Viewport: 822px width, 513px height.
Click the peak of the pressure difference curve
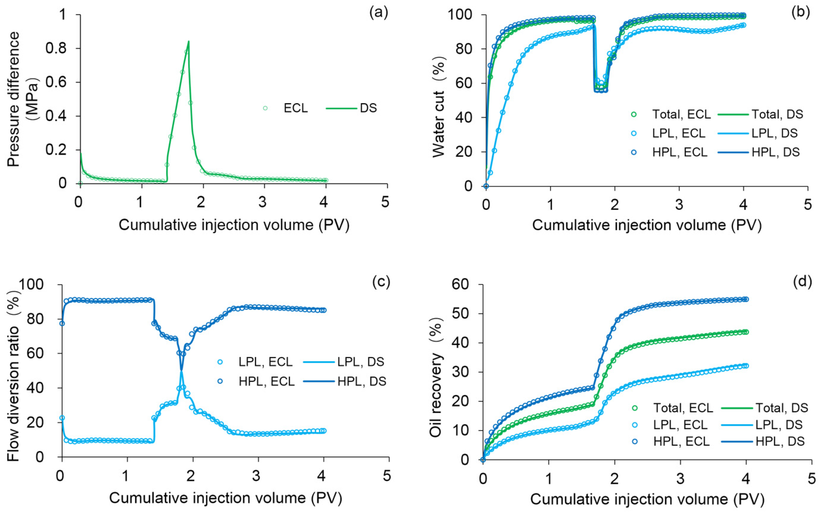point(188,41)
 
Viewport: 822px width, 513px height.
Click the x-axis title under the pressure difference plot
point(234,225)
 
